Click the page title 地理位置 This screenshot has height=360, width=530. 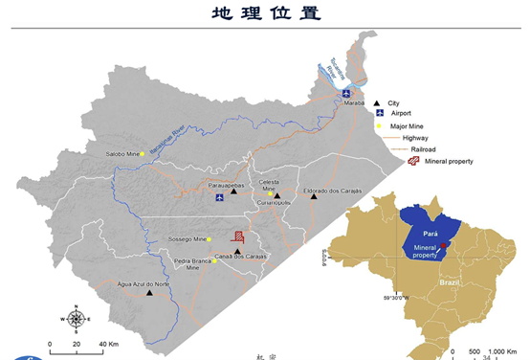coord(265,12)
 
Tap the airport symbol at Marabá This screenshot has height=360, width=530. coord(346,93)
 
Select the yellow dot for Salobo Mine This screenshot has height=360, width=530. coord(143,154)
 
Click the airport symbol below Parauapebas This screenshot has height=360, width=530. coord(220,198)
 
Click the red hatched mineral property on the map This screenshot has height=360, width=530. coord(240,238)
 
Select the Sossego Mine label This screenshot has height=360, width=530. coord(188,238)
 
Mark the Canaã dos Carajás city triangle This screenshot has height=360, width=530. coord(237,250)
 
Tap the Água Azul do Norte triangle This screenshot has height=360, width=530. coord(149,293)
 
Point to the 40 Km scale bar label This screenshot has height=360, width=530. coord(107,343)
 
